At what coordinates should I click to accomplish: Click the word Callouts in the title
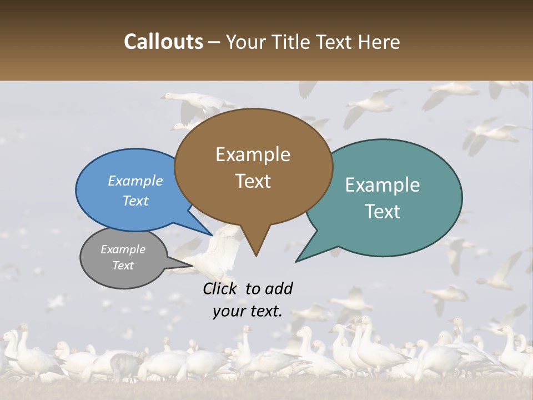pos(163,42)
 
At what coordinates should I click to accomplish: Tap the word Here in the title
pos(379,42)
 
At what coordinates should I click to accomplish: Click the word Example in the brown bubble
pos(253,154)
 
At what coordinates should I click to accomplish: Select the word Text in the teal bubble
pos(383,212)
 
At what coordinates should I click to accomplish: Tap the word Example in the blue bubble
pos(135,181)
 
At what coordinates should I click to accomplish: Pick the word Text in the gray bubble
pos(123,266)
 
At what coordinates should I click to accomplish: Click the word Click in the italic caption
pos(221,288)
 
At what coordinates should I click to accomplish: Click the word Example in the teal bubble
pos(383,185)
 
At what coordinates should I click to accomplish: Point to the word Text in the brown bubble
pos(253,181)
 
